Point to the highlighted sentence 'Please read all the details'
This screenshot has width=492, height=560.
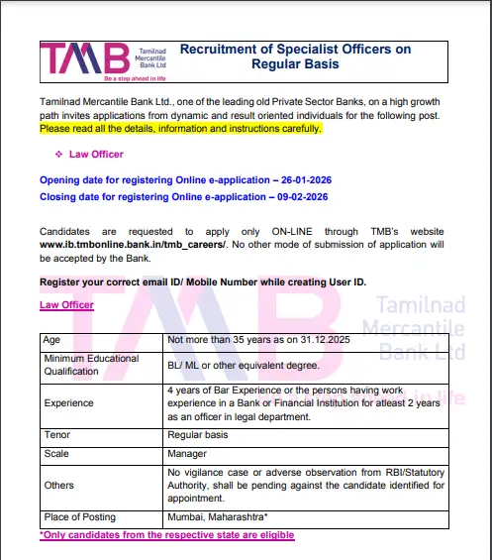click(180, 128)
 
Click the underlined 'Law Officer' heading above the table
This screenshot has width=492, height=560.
click(66, 305)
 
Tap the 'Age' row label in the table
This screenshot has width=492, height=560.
click(51, 339)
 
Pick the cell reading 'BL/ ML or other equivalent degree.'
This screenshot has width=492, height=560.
click(245, 365)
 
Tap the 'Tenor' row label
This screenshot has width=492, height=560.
click(56, 435)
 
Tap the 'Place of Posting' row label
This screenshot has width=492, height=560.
click(77, 517)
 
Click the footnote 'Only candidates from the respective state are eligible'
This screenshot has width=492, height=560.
click(166, 534)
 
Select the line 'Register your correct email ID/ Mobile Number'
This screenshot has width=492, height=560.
click(202, 281)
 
